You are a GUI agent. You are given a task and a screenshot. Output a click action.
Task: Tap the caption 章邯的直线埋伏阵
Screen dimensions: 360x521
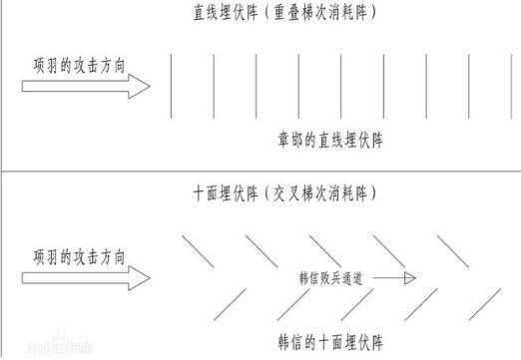pyautogui.click(x=330, y=141)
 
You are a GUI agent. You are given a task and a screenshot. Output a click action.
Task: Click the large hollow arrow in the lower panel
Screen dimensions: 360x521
pyautogui.click(x=86, y=279)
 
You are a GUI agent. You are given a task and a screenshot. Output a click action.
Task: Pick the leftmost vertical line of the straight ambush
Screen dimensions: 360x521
pyautogui.click(x=171, y=86)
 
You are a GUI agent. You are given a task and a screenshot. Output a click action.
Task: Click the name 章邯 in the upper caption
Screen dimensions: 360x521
pyautogui.click(x=290, y=141)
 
